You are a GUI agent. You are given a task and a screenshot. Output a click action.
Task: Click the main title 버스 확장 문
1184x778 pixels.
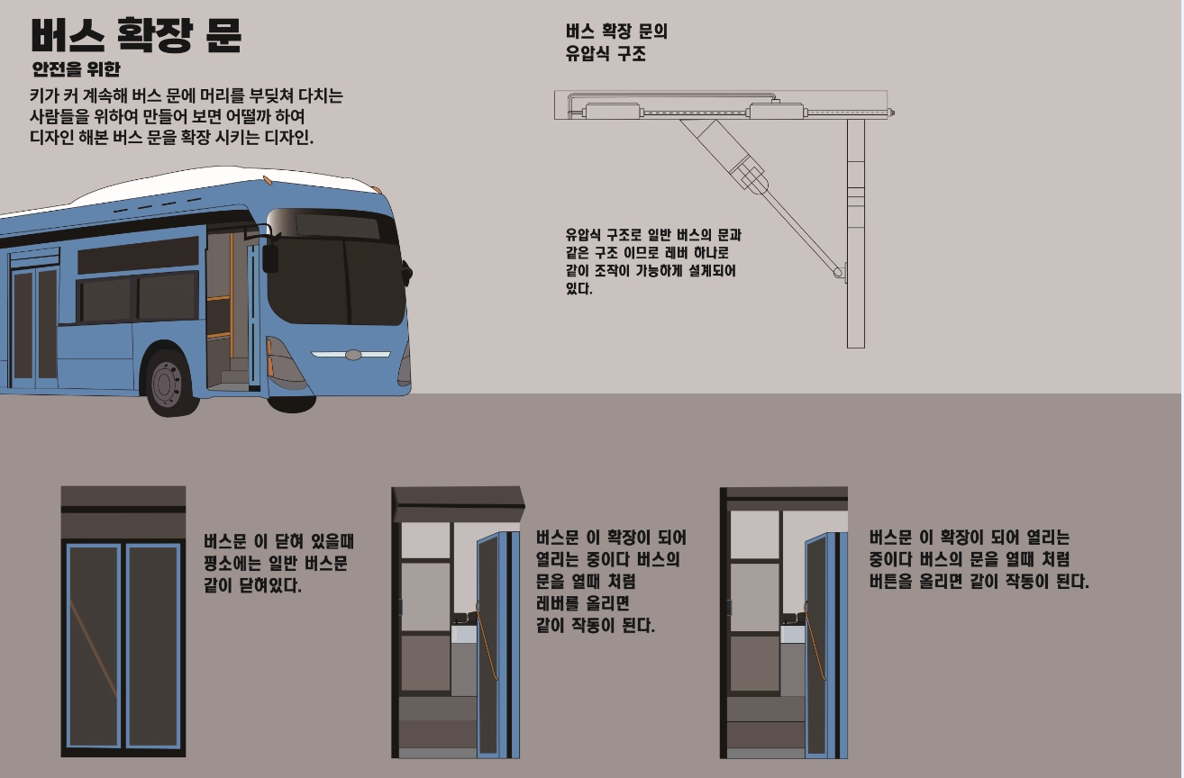(135, 36)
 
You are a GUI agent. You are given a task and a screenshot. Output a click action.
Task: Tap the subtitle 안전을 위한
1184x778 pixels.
(76, 69)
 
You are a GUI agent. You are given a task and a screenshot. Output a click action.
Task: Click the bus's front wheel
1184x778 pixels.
(168, 382)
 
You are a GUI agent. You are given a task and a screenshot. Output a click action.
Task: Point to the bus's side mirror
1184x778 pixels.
(269, 257)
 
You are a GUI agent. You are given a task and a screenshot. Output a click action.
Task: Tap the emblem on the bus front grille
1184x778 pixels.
(352, 355)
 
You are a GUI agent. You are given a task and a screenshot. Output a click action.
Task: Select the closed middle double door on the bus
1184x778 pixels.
(34, 324)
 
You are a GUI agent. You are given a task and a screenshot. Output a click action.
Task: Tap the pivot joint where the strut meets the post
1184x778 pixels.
(840, 270)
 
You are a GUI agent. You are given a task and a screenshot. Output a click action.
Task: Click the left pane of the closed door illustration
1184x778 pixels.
(93, 645)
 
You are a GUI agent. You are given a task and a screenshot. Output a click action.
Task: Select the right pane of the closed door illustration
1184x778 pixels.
(152, 645)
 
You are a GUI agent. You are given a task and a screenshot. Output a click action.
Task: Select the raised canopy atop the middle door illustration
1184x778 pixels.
(458, 498)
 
